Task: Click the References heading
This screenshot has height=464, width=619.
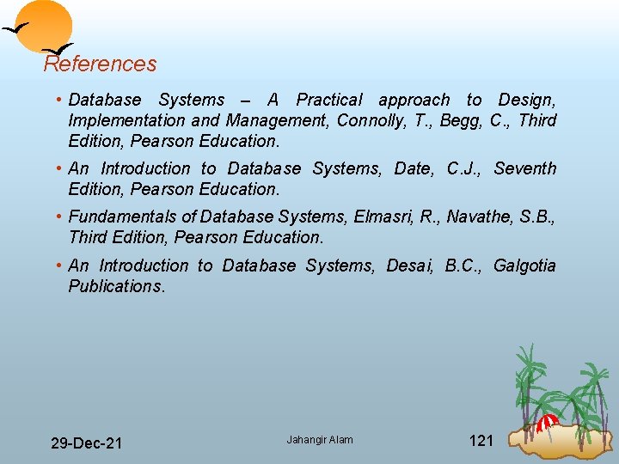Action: click(x=101, y=64)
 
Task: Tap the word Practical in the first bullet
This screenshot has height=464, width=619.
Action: click(x=329, y=100)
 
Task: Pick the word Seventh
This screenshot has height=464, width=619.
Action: click(x=525, y=168)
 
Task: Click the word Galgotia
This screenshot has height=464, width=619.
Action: click(x=524, y=266)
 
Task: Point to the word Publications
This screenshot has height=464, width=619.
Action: click(x=115, y=286)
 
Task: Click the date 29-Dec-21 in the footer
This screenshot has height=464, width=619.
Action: click(x=86, y=443)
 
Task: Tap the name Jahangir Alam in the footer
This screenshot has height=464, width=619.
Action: click(x=320, y=440)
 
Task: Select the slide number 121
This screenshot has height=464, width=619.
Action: click(x=481, y=441)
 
